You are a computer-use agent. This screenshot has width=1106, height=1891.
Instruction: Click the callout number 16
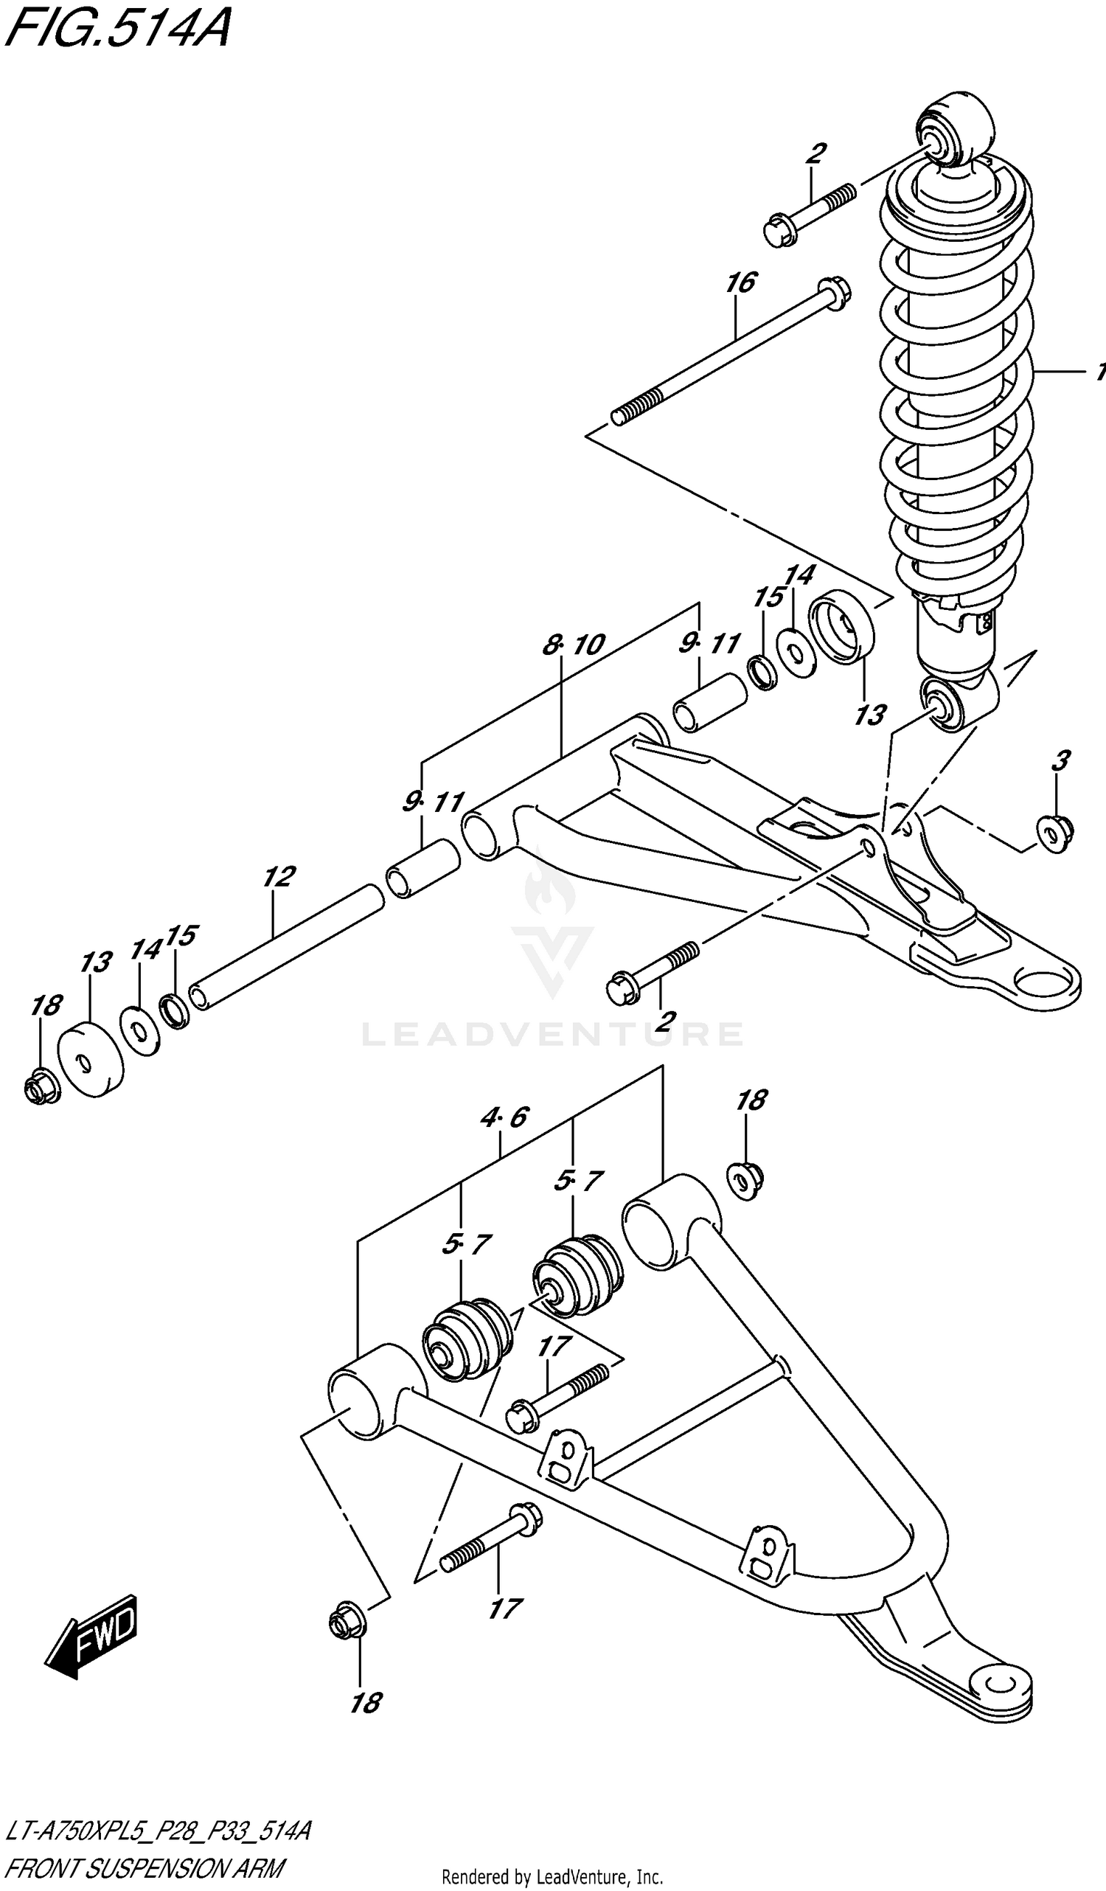point(740,283)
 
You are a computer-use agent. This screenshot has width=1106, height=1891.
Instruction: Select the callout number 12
point(279,875)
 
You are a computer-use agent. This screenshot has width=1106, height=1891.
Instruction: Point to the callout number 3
point(1059,761)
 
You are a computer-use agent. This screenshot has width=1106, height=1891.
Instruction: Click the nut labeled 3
point(1055,833)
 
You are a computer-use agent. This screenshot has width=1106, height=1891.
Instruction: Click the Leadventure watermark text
point(552,1034)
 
